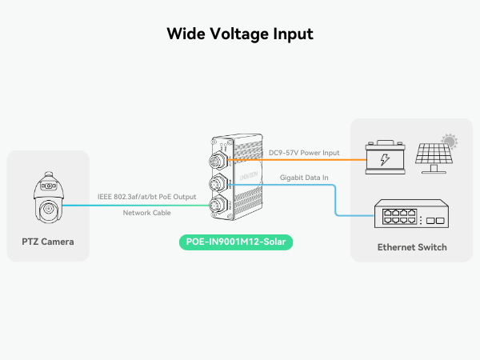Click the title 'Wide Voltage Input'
pos(240,34)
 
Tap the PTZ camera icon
pos(46,201)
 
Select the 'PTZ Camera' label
pos(48,242)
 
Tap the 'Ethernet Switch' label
pos(412,247)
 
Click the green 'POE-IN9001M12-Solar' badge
pos(235,242)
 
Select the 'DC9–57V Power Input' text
pos(304,152)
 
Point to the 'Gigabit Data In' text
pos(306,178)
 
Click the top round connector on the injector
pos(217,162)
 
